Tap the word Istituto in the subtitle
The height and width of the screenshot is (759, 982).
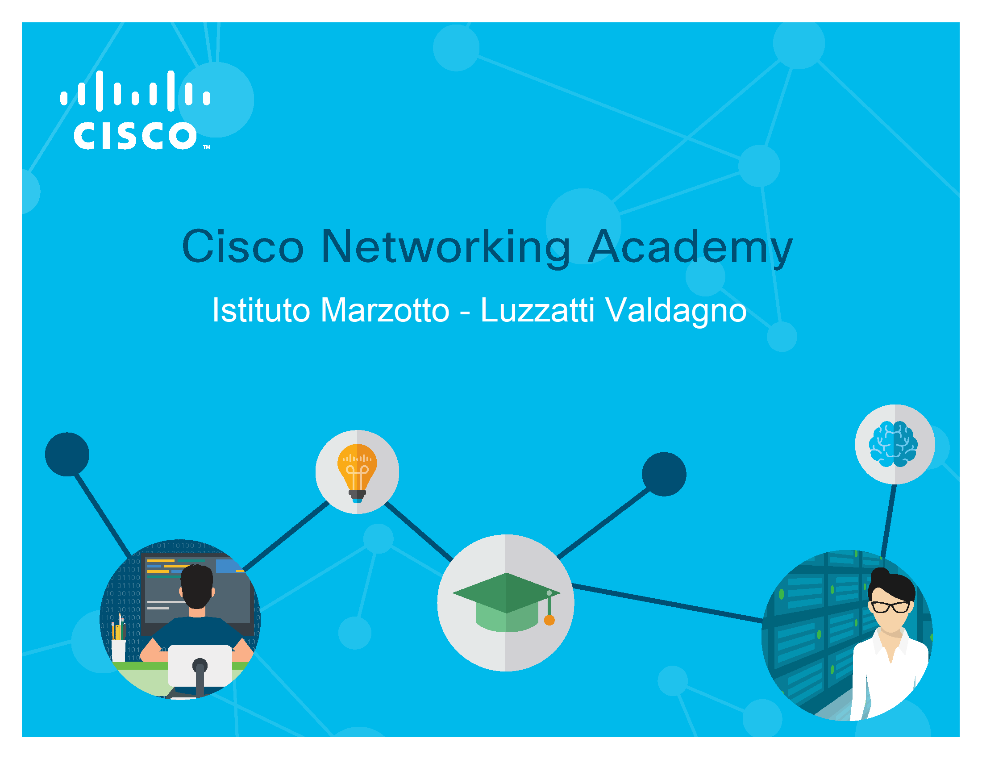(x=261, y=310)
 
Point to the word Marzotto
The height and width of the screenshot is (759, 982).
(x=385, y=310)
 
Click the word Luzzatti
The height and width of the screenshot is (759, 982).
(x=538, y=310)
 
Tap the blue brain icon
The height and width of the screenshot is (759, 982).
(x=893, y=444)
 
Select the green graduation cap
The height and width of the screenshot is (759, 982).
(x=506, y=603)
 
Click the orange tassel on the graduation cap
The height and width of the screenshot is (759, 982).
(x=549, y=621)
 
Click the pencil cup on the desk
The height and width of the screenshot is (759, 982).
(x=118, y=650)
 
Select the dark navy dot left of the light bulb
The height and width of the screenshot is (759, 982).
(x=67, y=454)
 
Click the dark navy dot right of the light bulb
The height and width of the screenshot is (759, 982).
(x=664, y=474)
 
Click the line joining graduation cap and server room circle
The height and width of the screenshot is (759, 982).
(x=668, y=604)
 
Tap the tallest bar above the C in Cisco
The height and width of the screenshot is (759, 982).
(x=100, y=91)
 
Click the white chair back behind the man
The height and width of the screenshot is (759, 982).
(x=200, y=666)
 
